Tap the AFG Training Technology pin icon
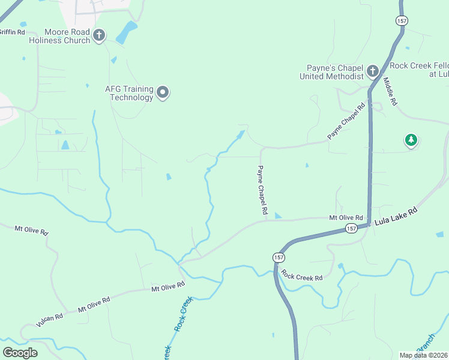pyautogui.click(x=163, y=93)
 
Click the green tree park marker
pyautogui.click(x=411, y=140)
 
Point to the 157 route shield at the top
pyautogui.click(x=402, y=20)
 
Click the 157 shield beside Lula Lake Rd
pyautogui.click(x=351, y=229)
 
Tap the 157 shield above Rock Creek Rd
pyautogui.click(x=279, y=257)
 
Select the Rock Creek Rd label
pyautogui.click(x=302, y=277)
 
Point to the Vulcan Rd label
pyautogui.click(x=49, y=320)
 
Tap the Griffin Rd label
pyautogui.click(x=12, y=32)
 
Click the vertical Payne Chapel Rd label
pyautogui.click(x=262, y=190)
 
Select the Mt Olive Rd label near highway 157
pyautogui.click(x=346, y=217)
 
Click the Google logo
pyautogui.click(x=20, y=352)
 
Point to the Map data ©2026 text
pyautogui.click(x=424, y=355)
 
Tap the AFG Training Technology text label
pyautogui.click(x=129, y=93)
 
